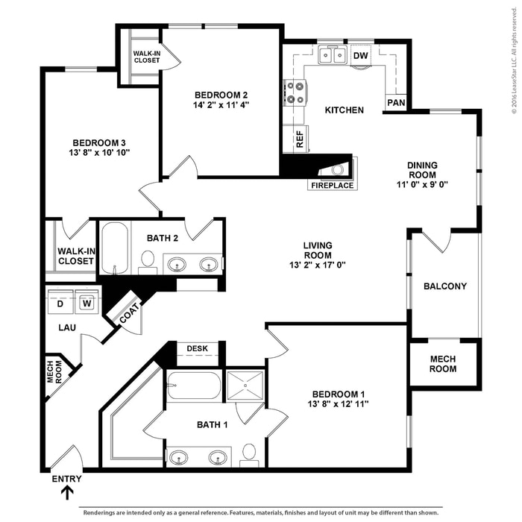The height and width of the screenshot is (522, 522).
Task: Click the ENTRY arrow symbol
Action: [66, 493]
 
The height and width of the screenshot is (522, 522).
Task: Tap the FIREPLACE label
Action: [332, 185]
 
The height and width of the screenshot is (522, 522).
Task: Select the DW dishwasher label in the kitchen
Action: [361, 55]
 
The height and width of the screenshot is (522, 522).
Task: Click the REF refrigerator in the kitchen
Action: [300, 139]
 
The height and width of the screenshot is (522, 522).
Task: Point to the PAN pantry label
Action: [394, 102]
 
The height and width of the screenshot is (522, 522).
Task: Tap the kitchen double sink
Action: [331, 54]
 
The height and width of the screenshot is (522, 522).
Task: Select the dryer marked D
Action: [61, 303]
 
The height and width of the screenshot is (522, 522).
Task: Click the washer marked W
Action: [86, 303]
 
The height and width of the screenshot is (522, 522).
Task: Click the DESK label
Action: [197, 348]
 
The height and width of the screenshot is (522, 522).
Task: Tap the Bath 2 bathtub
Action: [115, 248]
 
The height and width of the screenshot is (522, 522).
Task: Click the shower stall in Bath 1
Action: [245, 385]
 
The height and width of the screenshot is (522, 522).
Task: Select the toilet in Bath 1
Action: [249, 454]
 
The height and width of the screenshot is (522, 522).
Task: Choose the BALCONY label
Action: [444, 286]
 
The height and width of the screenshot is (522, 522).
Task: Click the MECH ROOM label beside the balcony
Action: [443, 364]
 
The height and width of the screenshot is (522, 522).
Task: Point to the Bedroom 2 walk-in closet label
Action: [146, 57]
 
